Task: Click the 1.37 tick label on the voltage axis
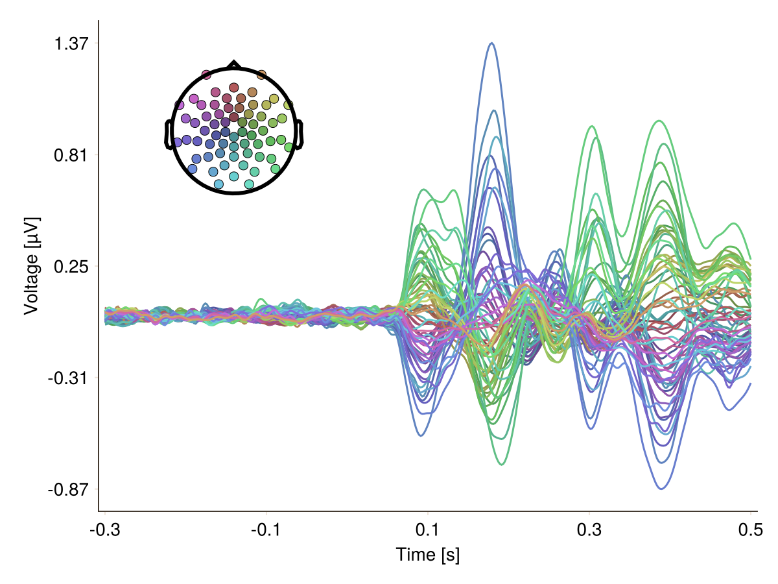(x=71, y=43)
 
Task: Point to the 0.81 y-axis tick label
(x=71, y=155)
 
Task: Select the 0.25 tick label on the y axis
(x=71, y=266)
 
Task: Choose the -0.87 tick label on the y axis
(x=69, y=489)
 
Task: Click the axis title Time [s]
(x=428, y=555)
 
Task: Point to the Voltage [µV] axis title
(x=31, y=266)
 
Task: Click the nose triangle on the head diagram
(x=233, y=64)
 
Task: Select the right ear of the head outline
(x=300, y=135)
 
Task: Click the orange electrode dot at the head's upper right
(x=261, y=75)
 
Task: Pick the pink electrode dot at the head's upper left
(x=206, y=75)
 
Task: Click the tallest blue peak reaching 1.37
(x=492, y=43)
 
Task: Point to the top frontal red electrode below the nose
(x=234, y=88)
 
